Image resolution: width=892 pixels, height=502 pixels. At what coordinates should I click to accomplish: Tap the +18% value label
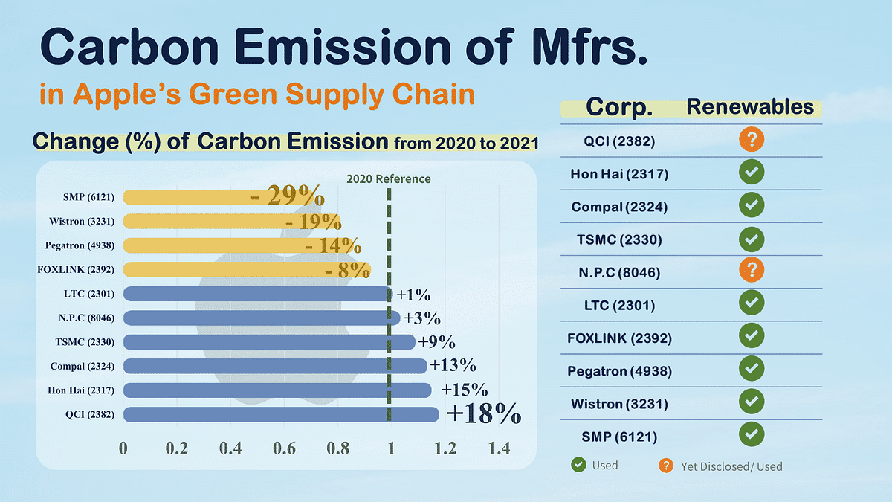pos(483,414)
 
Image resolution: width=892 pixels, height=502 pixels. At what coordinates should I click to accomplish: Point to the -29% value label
pos(287,196)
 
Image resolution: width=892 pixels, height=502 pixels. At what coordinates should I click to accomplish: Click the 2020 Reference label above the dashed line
pos(388,178)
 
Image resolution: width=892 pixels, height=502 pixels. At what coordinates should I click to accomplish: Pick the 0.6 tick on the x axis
pos(284,448)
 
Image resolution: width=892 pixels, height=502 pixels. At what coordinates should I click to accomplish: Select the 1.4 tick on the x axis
pos(498,448)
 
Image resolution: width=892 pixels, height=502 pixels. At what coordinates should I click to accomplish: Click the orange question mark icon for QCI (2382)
pos(752,139)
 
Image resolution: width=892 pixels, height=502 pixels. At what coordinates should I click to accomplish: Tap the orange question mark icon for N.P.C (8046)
pos(752,271)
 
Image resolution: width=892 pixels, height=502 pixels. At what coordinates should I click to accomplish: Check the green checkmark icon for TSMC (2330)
pos(752,239)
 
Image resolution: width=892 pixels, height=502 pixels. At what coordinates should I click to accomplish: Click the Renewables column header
pos(749,106)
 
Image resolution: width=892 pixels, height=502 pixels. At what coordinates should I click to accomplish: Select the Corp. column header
pos(619,107)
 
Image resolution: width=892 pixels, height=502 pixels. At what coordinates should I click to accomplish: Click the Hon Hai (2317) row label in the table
pos(619,175)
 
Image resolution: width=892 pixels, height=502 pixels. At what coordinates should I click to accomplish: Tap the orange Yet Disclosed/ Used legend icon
pos(666,466)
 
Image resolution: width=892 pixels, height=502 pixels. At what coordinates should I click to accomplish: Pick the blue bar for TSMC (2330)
pos(268,342)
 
